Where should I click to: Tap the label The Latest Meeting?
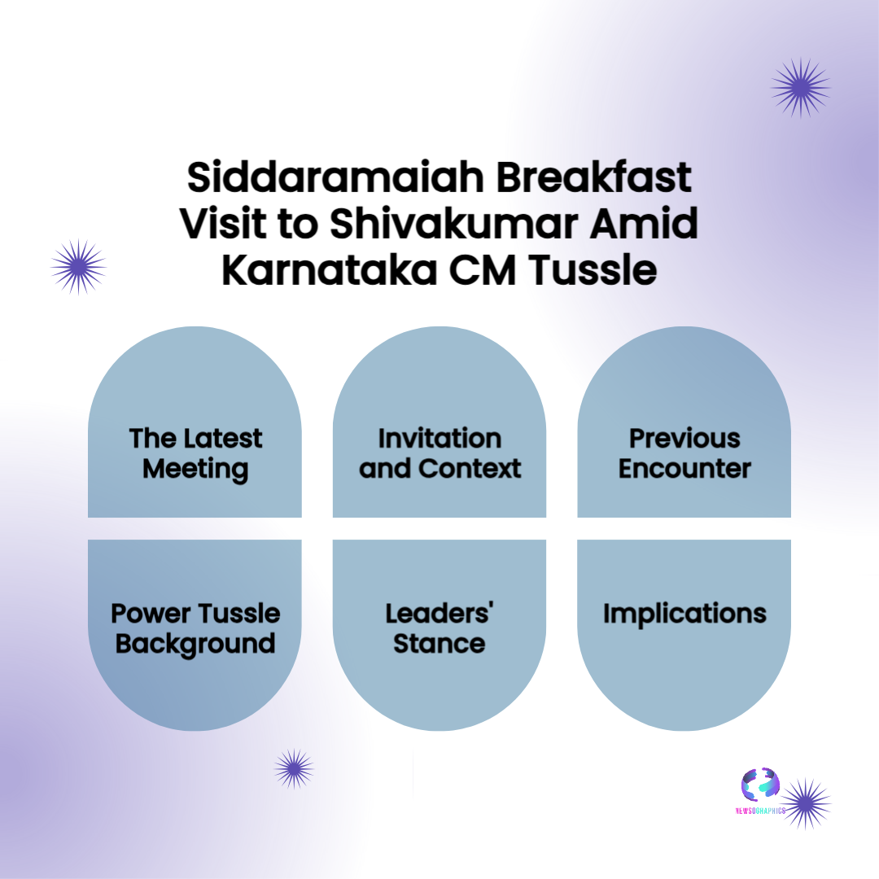[x=195, y=453]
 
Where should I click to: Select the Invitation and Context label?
[x=439, y=453]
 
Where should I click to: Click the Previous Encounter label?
[x=684, y=453]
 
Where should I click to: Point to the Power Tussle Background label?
[x=195, y=628]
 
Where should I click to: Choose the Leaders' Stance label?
[x=439, y=628]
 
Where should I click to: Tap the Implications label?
[x=684, y=614]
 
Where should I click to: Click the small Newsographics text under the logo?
[x=760, y=811]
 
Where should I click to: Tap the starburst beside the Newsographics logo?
[x=805, y=803]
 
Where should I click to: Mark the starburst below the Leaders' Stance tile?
[x=294, y=769]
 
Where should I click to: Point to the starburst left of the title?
[x=78, y=266]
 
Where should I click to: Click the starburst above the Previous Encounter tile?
[x=801, y=86]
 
